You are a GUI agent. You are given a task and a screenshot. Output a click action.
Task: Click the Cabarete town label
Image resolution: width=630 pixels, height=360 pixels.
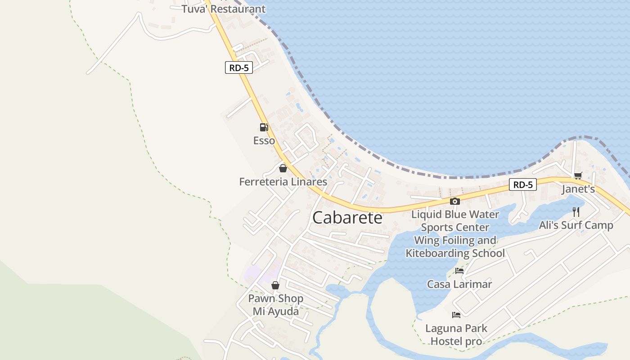click(347, 218)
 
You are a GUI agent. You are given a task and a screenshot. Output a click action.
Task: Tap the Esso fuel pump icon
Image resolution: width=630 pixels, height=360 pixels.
click(264, 127)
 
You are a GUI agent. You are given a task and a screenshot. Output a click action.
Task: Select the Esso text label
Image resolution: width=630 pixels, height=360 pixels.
click(264, 141)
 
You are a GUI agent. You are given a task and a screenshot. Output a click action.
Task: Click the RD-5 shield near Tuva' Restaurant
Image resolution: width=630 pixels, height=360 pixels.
click(238, 68)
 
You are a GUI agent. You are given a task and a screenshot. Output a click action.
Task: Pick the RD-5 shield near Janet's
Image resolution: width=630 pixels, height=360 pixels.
click(523, 184)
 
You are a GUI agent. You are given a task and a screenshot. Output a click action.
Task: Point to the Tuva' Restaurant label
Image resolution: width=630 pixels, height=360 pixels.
click(224, 9)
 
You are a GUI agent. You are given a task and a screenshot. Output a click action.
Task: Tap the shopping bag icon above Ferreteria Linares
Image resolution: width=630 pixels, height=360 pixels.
click(283, 168)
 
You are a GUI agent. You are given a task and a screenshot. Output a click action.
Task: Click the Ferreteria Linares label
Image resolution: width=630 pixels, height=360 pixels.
click(283, 182)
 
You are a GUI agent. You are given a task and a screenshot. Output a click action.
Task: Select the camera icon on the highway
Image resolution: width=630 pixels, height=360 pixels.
click(455, 201)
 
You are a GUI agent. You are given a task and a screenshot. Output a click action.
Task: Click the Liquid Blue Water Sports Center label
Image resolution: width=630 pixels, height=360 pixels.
click(455, 220)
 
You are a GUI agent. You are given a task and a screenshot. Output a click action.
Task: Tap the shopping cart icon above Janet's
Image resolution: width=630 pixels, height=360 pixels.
click(578, 175)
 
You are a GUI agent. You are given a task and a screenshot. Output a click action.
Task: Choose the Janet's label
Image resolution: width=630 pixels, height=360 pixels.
click(578, 189)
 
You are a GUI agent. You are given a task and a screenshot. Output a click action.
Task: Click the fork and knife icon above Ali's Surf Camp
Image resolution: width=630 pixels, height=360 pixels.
click(576, 211)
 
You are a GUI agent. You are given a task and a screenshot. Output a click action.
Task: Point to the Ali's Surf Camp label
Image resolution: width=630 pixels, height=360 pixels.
click(576, 225)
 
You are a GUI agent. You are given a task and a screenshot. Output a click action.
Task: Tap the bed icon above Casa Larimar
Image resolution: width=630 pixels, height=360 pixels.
click(459, 271)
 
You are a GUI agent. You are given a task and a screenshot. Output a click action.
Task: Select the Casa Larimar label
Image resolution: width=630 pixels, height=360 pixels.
click(459, 284)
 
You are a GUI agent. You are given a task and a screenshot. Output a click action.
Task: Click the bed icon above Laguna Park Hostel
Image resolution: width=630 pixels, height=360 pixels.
click(456, 315)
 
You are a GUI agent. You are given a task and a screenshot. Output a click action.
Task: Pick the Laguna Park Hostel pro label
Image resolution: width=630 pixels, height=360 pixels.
click(456, 335)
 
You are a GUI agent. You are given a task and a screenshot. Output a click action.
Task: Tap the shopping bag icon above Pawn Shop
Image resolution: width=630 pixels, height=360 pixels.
click(275, 285)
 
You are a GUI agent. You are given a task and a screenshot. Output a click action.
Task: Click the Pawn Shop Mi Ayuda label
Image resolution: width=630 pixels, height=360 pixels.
click(276, 305)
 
